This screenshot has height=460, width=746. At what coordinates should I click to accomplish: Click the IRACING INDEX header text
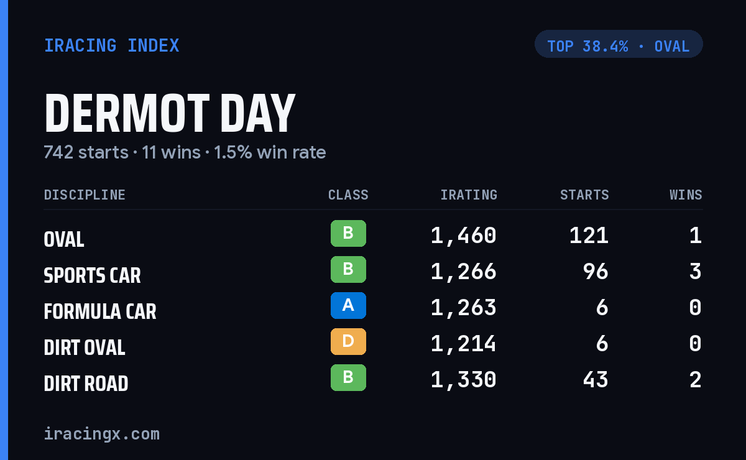111,45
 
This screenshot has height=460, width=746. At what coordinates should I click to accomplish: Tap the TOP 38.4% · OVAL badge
619,44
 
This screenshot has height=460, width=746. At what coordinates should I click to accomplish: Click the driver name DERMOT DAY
170,113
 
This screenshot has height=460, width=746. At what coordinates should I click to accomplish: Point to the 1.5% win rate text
270,152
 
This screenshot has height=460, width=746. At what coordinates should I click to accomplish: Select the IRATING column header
469,195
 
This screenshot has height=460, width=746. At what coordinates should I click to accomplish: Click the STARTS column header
584,195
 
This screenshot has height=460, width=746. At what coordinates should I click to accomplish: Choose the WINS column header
686,195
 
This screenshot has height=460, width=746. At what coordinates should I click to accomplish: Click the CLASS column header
348,195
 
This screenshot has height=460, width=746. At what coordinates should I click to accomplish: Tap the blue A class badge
348,305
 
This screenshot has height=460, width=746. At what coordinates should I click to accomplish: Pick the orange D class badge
348,341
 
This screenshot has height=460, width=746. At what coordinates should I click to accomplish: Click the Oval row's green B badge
348,234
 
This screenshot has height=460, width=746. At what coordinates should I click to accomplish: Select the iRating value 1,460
464,236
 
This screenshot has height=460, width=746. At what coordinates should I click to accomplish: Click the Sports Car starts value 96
596,272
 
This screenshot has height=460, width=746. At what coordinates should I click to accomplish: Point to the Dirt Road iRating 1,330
464,380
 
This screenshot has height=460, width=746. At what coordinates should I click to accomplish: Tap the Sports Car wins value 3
696,272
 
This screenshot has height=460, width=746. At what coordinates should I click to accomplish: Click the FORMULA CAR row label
100,312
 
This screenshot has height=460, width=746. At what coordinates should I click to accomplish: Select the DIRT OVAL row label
85,347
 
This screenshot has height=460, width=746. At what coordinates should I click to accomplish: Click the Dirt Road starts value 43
596,380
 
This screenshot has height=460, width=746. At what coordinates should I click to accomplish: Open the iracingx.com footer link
102,434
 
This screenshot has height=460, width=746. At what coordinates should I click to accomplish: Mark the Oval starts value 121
589,236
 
